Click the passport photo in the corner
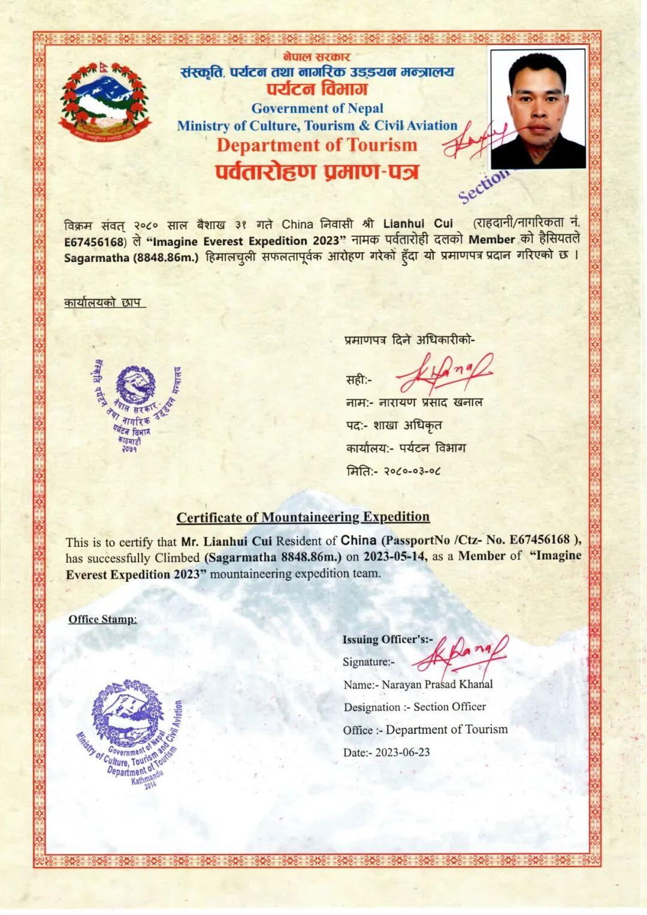click(x=537, y=109)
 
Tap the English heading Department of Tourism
click(x=317, y=145)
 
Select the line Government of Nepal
click(x=317, y=109)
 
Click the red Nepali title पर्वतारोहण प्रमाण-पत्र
click(x=317, y=172)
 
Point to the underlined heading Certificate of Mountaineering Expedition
click(x=303, y=517)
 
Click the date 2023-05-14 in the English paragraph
click(x=395, y=556)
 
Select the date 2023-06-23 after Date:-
click(x=403, y=753)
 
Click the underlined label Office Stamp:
click(x=102, y=619)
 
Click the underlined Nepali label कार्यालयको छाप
click(x=105, y=303)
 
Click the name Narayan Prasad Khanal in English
click(x=437, y=684)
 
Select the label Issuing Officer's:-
click(x=388, y=639)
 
